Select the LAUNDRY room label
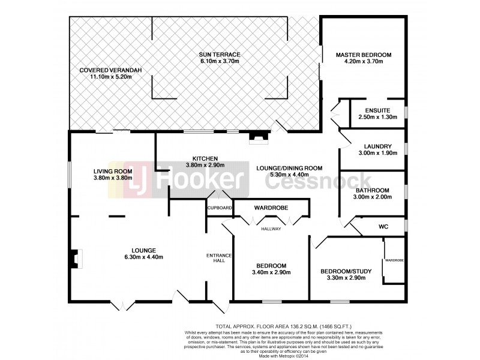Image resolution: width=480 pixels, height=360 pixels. [x=378, y=146]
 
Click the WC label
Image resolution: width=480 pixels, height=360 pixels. [x=383, y=227]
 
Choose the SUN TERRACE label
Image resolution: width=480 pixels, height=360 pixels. [x=219, y=55]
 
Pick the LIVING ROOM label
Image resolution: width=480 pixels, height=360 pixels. [x=113, y=171]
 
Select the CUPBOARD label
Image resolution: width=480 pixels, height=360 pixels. [x=220, y=208]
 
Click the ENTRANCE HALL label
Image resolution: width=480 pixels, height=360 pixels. [x=215, y=258]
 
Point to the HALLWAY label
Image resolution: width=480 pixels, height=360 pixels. [x=271, y=229]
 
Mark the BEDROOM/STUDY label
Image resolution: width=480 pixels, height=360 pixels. [x=346, y=271]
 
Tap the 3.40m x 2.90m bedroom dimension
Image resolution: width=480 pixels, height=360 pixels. [x=271, y=272]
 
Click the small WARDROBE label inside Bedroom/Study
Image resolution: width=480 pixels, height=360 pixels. [x=394, y=260]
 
